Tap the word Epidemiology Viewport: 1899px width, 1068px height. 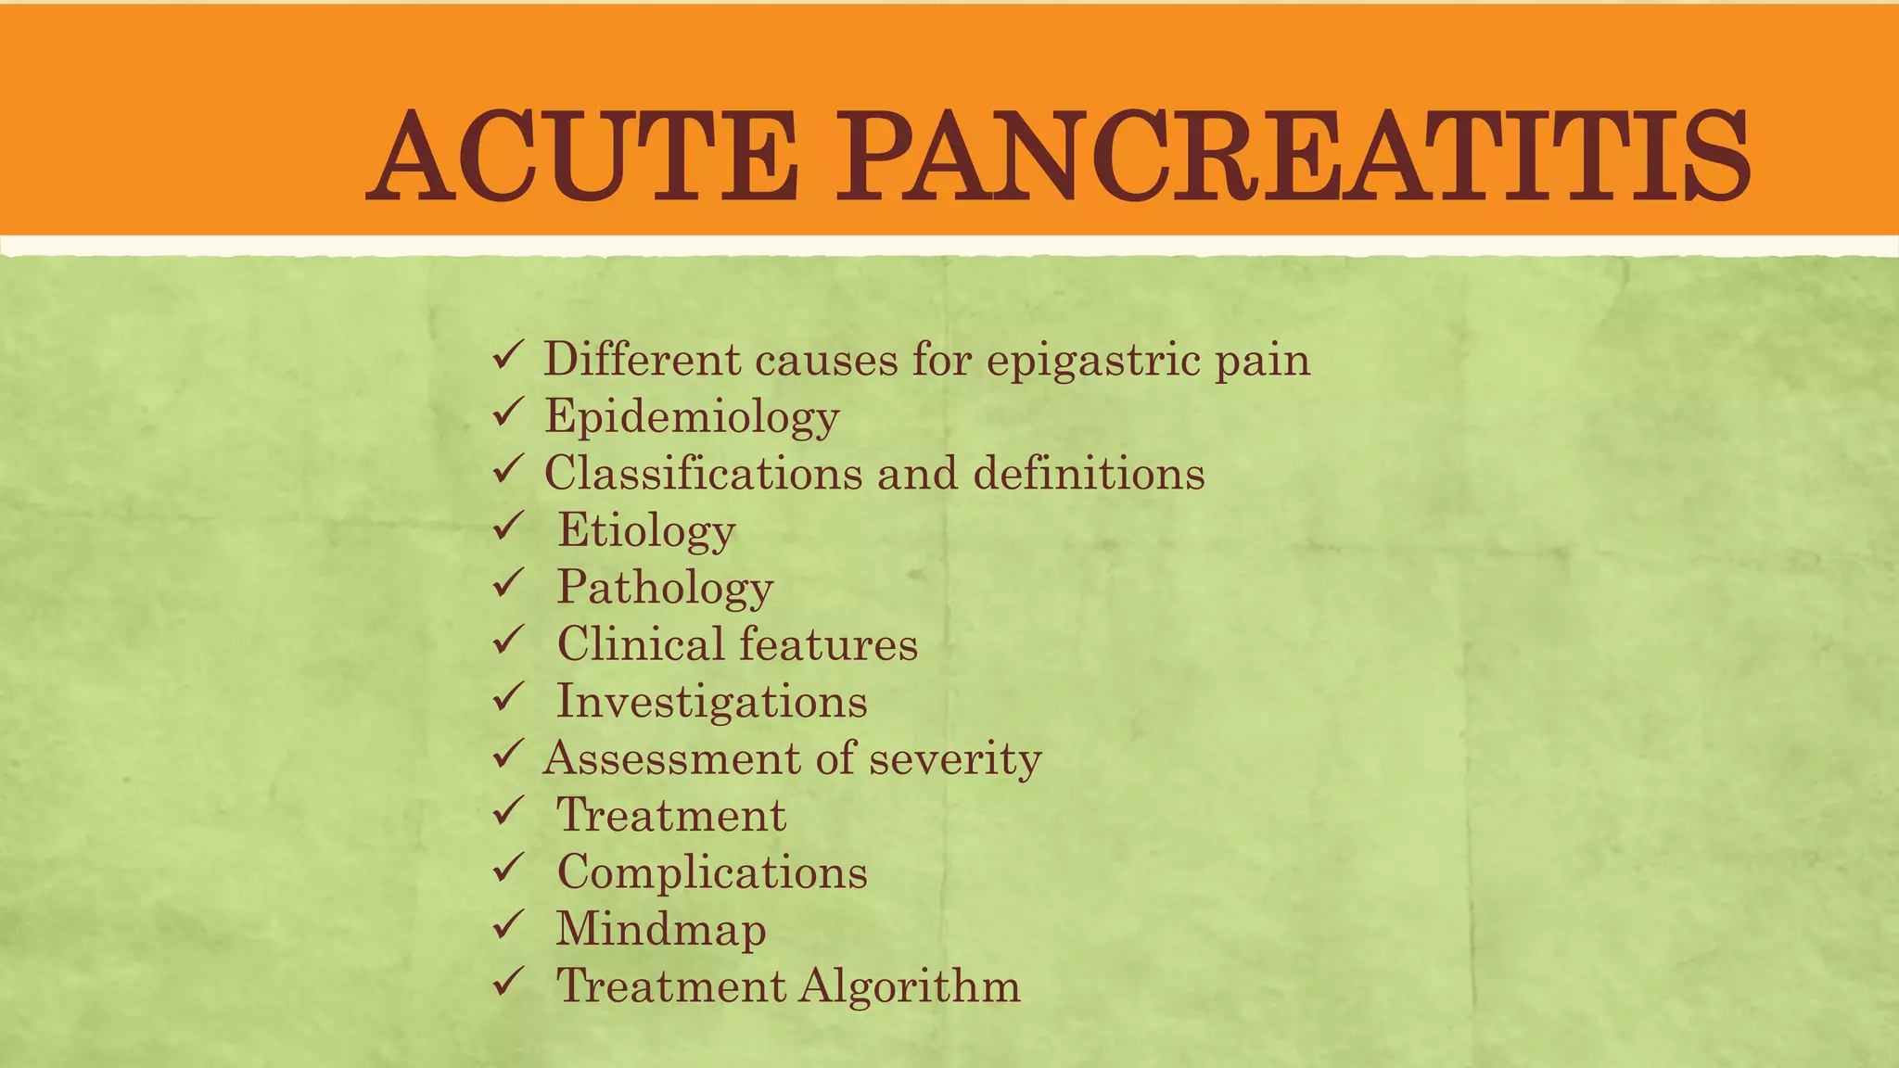[692, 417]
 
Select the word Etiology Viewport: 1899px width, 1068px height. [646, 531]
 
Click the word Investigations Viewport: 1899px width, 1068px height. [711, 702]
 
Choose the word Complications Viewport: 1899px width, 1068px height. [712, 872]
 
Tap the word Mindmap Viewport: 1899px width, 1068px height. [661, 930]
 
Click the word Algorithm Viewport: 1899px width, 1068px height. [910, 986]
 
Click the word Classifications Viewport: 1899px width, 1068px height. [703, 474]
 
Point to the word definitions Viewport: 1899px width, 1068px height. [1089, 474]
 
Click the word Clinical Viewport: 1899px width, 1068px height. [641, 644]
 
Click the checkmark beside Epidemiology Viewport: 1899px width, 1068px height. [509, 412]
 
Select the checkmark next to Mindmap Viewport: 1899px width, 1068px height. [509, 924]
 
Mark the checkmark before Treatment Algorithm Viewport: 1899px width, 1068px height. [509, 981]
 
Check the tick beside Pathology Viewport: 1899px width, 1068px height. [509, 583]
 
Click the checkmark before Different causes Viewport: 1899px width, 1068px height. [509, 355]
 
